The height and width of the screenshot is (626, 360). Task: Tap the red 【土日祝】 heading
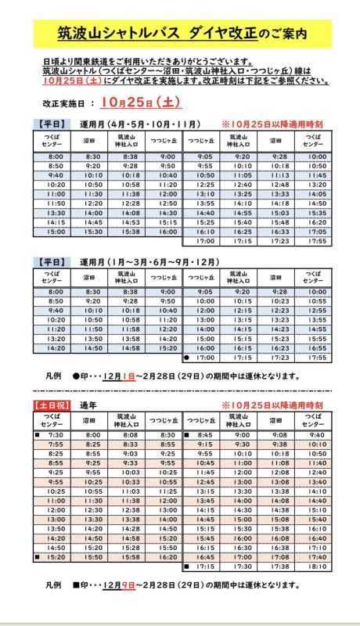pos(51,405)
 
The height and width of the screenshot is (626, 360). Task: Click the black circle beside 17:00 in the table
pos(187,357)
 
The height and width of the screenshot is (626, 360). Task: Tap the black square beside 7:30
pos(37,435)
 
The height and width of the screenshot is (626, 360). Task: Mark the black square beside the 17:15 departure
pos(187,566)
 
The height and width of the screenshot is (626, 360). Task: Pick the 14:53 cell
pos(131,222)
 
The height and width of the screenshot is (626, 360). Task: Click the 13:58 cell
pos(131,339)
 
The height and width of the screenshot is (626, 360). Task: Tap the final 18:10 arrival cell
pos(317,566)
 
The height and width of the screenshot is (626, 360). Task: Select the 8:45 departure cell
pos(206,435)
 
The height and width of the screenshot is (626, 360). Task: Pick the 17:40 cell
pos(317,556)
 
